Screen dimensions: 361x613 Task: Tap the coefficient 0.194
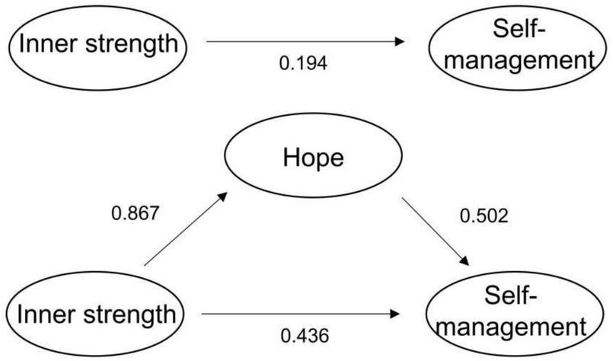(x=303, y=64)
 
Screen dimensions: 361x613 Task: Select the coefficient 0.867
(x=135, y=212)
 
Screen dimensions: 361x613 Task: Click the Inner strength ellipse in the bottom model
(x=96, y=312)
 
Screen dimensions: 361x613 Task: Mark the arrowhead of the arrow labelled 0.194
(x=402, y=43)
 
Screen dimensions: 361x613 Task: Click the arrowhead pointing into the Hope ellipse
(x=222, y=196)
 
